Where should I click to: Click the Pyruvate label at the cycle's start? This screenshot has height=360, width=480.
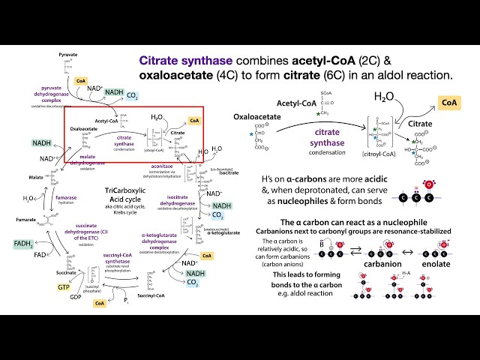pos(67,55)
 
